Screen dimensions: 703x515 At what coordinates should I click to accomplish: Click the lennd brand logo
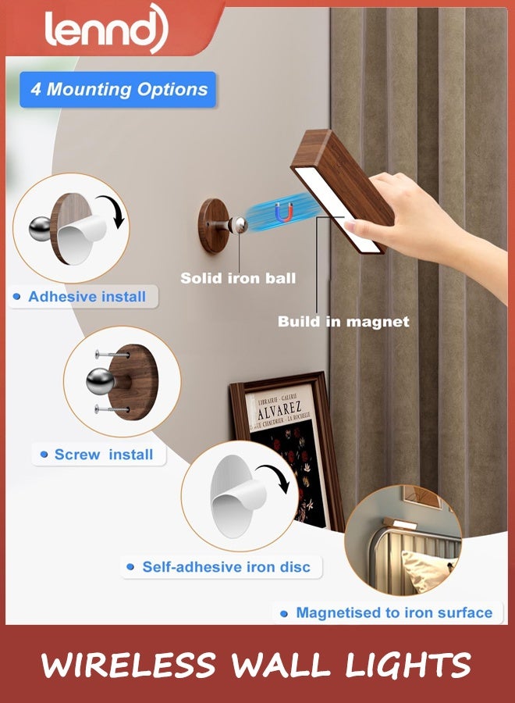point(105,29)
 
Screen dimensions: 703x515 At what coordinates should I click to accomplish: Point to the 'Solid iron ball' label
point(238,278)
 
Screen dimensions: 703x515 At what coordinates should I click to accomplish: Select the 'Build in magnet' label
point(343,321)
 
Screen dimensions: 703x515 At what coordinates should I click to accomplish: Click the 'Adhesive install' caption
point(87,297)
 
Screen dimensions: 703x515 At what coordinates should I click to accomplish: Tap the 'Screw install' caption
point(103,455)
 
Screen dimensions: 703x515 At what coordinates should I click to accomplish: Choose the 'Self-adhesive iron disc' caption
point(226,567)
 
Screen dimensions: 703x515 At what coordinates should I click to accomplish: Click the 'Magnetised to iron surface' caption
point(393,613)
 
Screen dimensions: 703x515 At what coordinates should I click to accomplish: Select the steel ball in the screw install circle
point(101,382)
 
